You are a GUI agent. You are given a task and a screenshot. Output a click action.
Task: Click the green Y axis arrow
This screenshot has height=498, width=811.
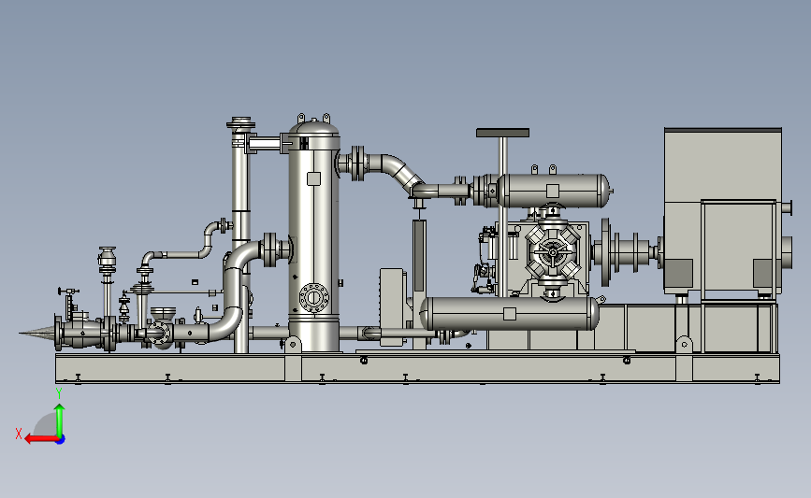click(x=60, y=420)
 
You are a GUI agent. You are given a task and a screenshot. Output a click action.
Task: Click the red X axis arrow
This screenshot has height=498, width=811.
click(x=42, y=439)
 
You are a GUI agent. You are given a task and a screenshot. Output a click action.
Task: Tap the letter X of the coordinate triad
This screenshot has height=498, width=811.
click(x=19, y=434)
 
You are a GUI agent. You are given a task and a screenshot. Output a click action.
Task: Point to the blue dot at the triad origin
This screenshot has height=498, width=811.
click(x=61, y=440)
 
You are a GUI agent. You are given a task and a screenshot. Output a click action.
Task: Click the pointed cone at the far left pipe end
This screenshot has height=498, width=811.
click(x=37, y=333)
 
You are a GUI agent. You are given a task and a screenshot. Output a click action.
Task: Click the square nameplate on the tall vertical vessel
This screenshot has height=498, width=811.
click(x=313, y=178)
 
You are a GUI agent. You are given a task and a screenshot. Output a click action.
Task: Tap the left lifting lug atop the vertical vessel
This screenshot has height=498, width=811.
click(x=301, y=118)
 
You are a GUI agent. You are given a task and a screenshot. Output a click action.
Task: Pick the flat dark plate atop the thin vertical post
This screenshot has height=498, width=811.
click(x=502, y=133)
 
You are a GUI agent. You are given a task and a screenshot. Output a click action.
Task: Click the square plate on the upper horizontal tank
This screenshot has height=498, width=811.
click(x=553, y=191)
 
